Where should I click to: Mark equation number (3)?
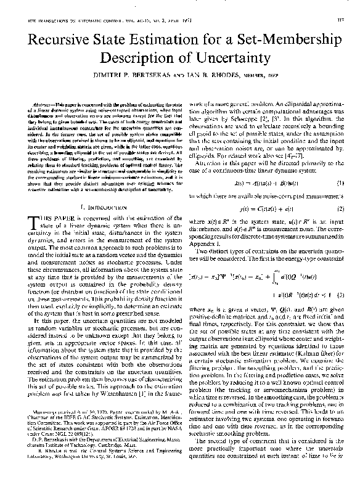338,296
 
